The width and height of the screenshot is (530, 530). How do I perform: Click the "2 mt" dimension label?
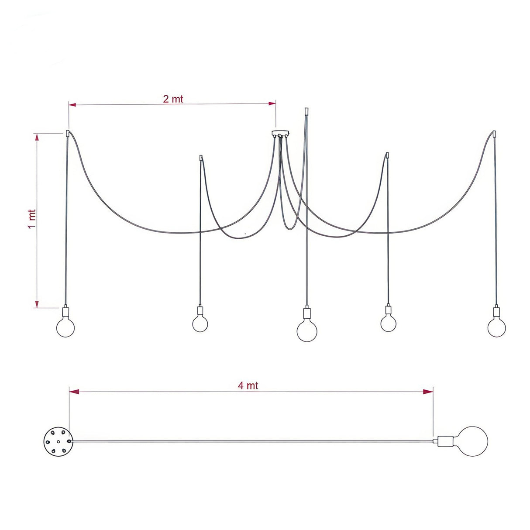click(x=173, y=99)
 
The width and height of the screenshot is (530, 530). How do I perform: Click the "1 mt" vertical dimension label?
click(x=32, y=219)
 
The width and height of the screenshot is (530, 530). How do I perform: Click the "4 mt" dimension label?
click(x=248, y=385)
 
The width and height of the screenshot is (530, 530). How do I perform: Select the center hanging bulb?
click(x=307, y=331)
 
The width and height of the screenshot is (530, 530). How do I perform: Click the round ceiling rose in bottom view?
click(x=57, y=441)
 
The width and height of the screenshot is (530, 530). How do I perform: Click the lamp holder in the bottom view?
click(x=445, y=441)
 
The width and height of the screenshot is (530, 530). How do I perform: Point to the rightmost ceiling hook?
click(x=494, y=134)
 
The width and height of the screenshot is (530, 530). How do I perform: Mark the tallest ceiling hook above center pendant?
click(x=306, y=111)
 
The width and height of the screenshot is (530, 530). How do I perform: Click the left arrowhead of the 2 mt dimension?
click(x=72, y=105)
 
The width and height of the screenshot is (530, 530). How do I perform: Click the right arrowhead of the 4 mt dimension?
click(x=429, y=392)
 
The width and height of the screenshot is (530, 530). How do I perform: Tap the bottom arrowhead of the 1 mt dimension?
click(x=37, y=304)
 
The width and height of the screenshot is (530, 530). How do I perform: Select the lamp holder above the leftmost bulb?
click(x=65, y=313)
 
